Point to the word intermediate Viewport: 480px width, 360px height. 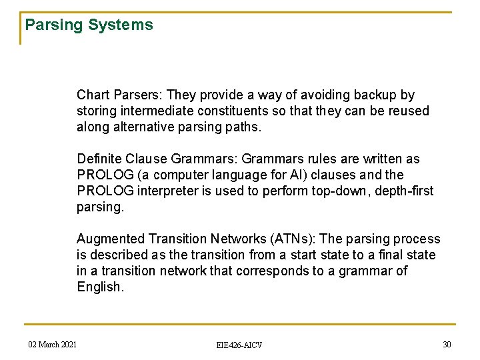click(x=152, y=111)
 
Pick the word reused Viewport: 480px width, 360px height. click(x=409, y=111)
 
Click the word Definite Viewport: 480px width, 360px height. click(x=99, y=159)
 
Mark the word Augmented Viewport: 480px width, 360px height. click(x=110, y=239)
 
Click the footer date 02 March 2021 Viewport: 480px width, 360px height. click(x=53, y=344)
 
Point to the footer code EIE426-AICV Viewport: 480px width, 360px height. click(x=239, y=345)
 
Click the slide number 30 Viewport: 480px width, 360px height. click(x=447, y=344)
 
